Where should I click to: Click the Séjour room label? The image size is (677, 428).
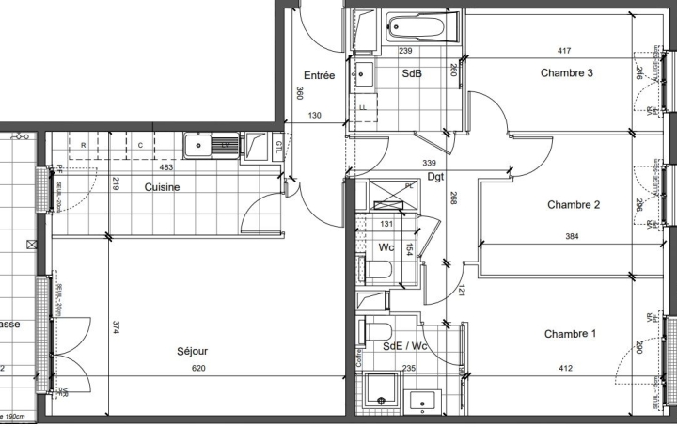(x=192, y=351)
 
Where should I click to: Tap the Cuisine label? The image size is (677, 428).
(x=162, y=186)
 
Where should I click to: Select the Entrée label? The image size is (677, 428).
(x=319, y=76)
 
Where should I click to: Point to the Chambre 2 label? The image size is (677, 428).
(x=574, y=204)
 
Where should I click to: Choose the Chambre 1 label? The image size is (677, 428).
(x=570, y=334)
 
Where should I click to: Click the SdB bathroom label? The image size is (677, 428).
(x=412, y=73)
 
